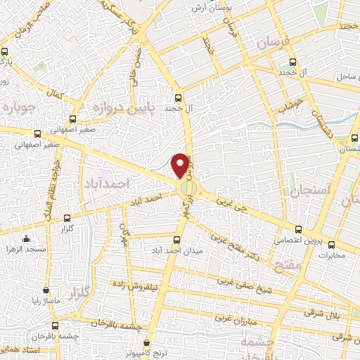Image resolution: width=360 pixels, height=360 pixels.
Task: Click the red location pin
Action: click(x=181, y=164)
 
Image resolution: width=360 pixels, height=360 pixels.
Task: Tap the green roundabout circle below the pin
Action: click(x=188, y=189)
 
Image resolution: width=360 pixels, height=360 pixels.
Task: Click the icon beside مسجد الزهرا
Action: click(x=27, y=239)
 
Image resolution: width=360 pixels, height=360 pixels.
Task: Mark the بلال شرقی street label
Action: click(x=342, y=316)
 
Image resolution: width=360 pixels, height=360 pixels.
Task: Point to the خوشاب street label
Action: click(x=289, y=106)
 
